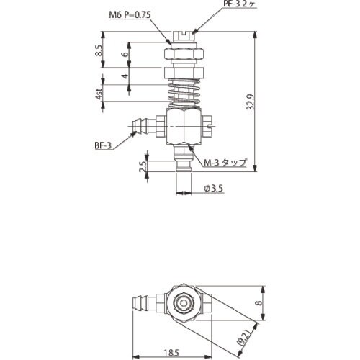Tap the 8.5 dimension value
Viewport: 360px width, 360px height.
(99, 52)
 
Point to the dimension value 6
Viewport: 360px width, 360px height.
(125, 54)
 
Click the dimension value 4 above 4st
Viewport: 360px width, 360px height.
(125, 76)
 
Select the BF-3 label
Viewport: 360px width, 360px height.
(102, 146)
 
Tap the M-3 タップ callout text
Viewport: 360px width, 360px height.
(225, 163)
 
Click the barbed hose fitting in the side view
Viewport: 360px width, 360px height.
(144, 127)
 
